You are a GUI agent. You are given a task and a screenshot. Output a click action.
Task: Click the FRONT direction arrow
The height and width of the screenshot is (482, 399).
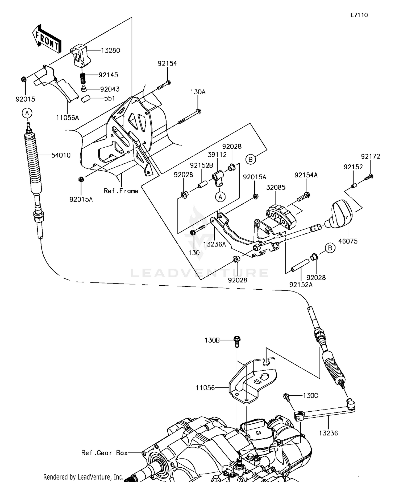[x=47, y=39]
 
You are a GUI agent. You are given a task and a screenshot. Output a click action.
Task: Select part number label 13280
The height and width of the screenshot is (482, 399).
[x=110, y=50]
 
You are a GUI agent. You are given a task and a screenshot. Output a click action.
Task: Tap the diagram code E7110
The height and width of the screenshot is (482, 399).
[x=359, y=15]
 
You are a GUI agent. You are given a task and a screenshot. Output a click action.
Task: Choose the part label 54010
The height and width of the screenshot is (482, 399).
[x=61, y=155]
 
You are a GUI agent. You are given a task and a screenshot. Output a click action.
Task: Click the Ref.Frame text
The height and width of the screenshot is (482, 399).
[x=121, y=191]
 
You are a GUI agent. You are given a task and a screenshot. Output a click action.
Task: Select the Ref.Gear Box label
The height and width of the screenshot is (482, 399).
[x=105, y=453]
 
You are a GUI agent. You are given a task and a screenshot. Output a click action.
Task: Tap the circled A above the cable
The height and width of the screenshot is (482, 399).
[x=27, y=113]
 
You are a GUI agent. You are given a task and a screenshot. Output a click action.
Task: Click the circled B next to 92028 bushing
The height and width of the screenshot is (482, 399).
[x=330, y=248]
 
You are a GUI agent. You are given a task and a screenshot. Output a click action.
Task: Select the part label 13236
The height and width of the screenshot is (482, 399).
[x=329, y=433]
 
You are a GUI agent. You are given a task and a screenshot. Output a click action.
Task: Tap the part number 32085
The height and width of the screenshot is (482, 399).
[x=276, y=187]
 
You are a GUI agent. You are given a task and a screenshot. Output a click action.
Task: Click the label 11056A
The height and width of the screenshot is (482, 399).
[x=68, y=117]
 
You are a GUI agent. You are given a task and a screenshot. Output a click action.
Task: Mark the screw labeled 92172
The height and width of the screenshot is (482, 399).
[x=368, y=177]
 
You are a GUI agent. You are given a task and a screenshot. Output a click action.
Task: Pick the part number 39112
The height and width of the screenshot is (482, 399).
[x=217, y=155]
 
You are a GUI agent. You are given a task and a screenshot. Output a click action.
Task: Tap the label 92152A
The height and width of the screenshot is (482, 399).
[x=301, y=285]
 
